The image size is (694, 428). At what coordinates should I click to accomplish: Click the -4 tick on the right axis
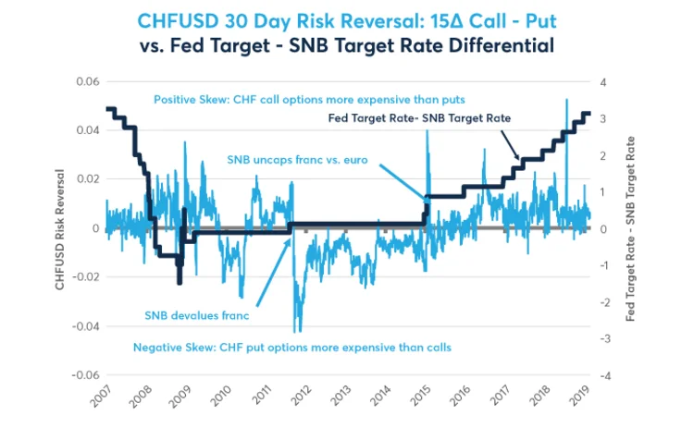605,375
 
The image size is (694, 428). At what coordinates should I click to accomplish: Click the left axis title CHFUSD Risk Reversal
60,229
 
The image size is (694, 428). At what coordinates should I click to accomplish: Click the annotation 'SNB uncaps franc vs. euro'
297,159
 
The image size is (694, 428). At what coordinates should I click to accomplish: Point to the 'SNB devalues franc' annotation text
197,314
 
